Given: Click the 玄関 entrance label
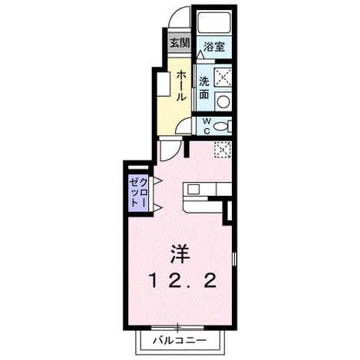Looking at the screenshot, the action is [180, 43].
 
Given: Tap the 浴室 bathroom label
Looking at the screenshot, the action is [214, 46].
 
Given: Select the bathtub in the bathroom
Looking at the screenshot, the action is [215, 22].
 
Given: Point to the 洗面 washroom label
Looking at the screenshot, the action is [204, 88].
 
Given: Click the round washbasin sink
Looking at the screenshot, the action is [223, 101].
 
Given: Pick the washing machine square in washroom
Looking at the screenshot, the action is [223, 76].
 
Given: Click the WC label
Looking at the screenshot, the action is [206, 126].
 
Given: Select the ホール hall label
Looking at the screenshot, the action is [181, 85].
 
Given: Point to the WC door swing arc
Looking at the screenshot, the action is [180, 124].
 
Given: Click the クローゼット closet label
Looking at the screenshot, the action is [138, 193].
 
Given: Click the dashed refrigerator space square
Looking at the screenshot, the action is [223, 150].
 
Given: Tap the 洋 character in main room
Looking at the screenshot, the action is [180, 254].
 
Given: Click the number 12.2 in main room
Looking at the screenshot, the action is [183, 281].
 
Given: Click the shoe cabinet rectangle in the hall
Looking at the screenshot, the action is [163, 84].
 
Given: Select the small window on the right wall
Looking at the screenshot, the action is [234, 259].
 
